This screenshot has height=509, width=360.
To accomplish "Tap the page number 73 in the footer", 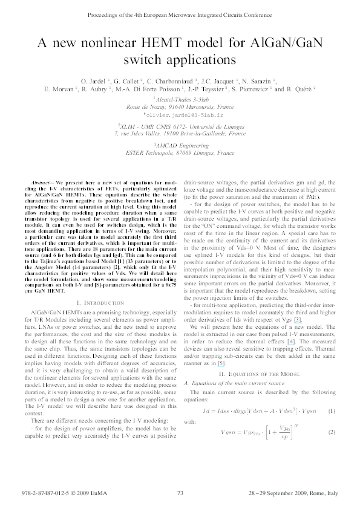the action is (180, 494).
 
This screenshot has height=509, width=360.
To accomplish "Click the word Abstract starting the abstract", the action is (40, 182).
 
